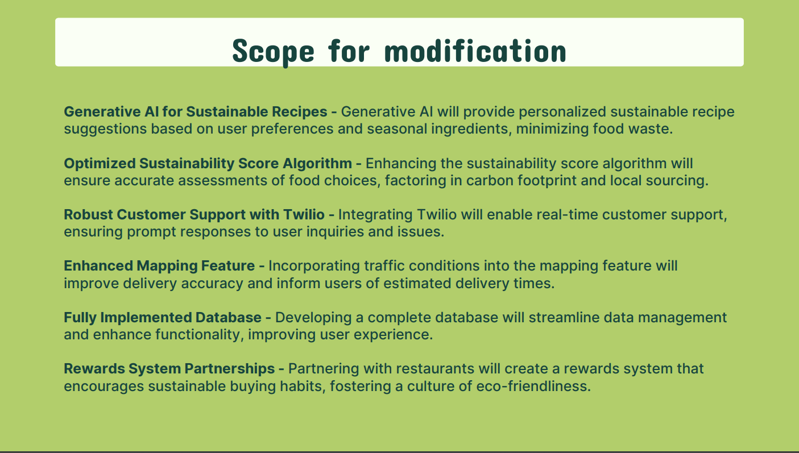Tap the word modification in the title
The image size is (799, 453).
pos(475,51)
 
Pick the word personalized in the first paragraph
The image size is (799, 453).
pos(562,113)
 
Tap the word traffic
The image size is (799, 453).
pos(384,266)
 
